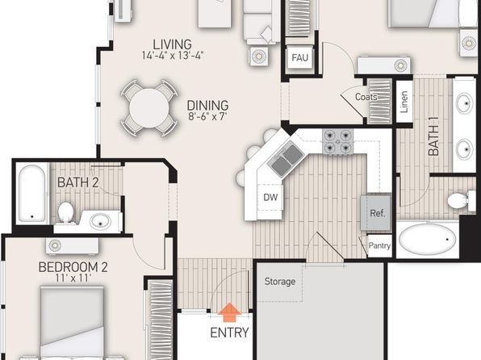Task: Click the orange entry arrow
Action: [229, 312]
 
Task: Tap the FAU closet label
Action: [299, 57]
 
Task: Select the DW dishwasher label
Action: [270, 197]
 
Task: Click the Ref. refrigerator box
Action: [376, 212]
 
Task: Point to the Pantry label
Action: [379, 245]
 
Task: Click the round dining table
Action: [148, 107]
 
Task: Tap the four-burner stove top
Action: [337, 141]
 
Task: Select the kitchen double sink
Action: [286, 160]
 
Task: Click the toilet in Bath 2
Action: [65, 212]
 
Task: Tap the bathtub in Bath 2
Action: [32, 194]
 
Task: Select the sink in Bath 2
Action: [100, 221]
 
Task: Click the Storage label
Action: [280, 282]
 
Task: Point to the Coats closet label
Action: [366, 97]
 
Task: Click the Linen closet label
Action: [404, 102]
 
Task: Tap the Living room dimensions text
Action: [173, 56]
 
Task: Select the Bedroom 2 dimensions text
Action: [73, 278]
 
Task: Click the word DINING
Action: [207, 106]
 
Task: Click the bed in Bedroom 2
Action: [72, 322]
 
